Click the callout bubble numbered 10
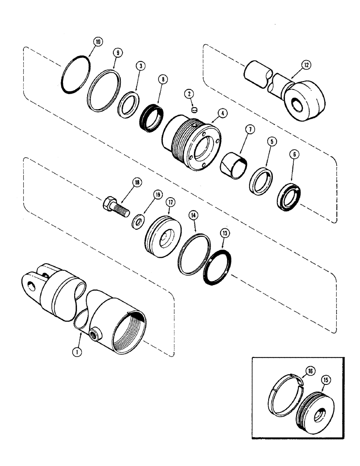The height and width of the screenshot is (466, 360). click(x=97, y=42)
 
